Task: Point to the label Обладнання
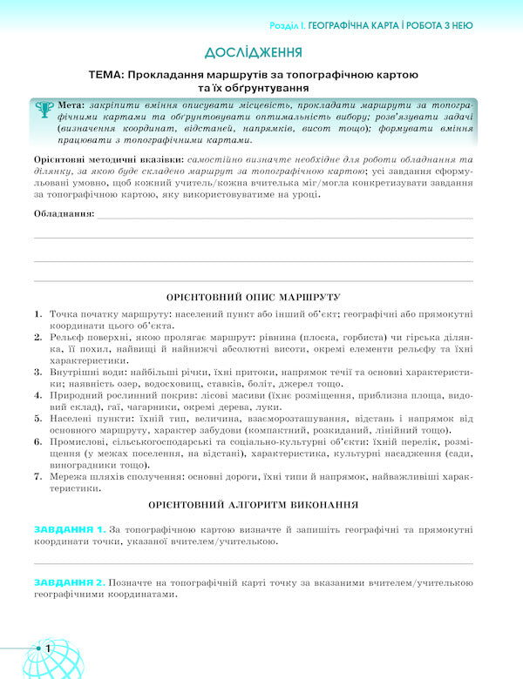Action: point(64,214)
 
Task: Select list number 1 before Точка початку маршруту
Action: point(38,313)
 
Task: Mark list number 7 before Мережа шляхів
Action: point(38,477)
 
